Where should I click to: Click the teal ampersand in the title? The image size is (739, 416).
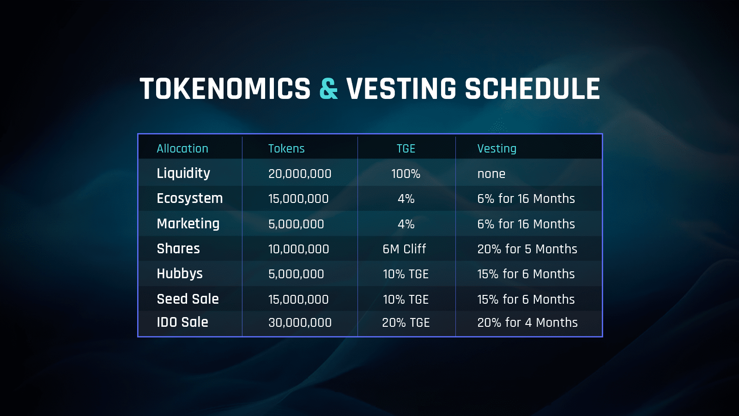point(328,88)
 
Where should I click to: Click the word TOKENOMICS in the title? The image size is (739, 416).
point(225,88)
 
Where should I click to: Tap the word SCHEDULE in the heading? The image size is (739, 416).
point(532,88)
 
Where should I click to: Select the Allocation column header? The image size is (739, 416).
point(182,148)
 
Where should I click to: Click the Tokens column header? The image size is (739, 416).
point(286,148)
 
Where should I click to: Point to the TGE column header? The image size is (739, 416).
point(406,148)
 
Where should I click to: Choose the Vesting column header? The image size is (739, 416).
point(497,148)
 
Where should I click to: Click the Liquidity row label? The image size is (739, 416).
point(183,173)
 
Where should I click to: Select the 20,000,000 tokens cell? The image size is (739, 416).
point(300,174)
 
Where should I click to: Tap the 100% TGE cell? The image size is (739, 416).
point(406,174)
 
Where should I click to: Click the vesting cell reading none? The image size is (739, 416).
point(491,174)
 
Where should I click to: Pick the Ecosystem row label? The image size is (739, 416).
point(190,198)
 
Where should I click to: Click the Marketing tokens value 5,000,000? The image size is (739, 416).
point(296,224)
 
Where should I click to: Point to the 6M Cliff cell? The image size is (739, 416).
point(405,249)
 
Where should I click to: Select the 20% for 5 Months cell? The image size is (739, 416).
point(527,249)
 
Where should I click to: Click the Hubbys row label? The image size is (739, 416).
point(180,274)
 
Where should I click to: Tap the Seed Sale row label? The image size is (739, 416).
point(188,299)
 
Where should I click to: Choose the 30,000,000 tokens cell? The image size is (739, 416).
point(300,323)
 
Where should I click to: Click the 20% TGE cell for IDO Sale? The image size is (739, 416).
point(406,323)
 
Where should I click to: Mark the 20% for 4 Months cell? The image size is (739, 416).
point(527,323)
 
